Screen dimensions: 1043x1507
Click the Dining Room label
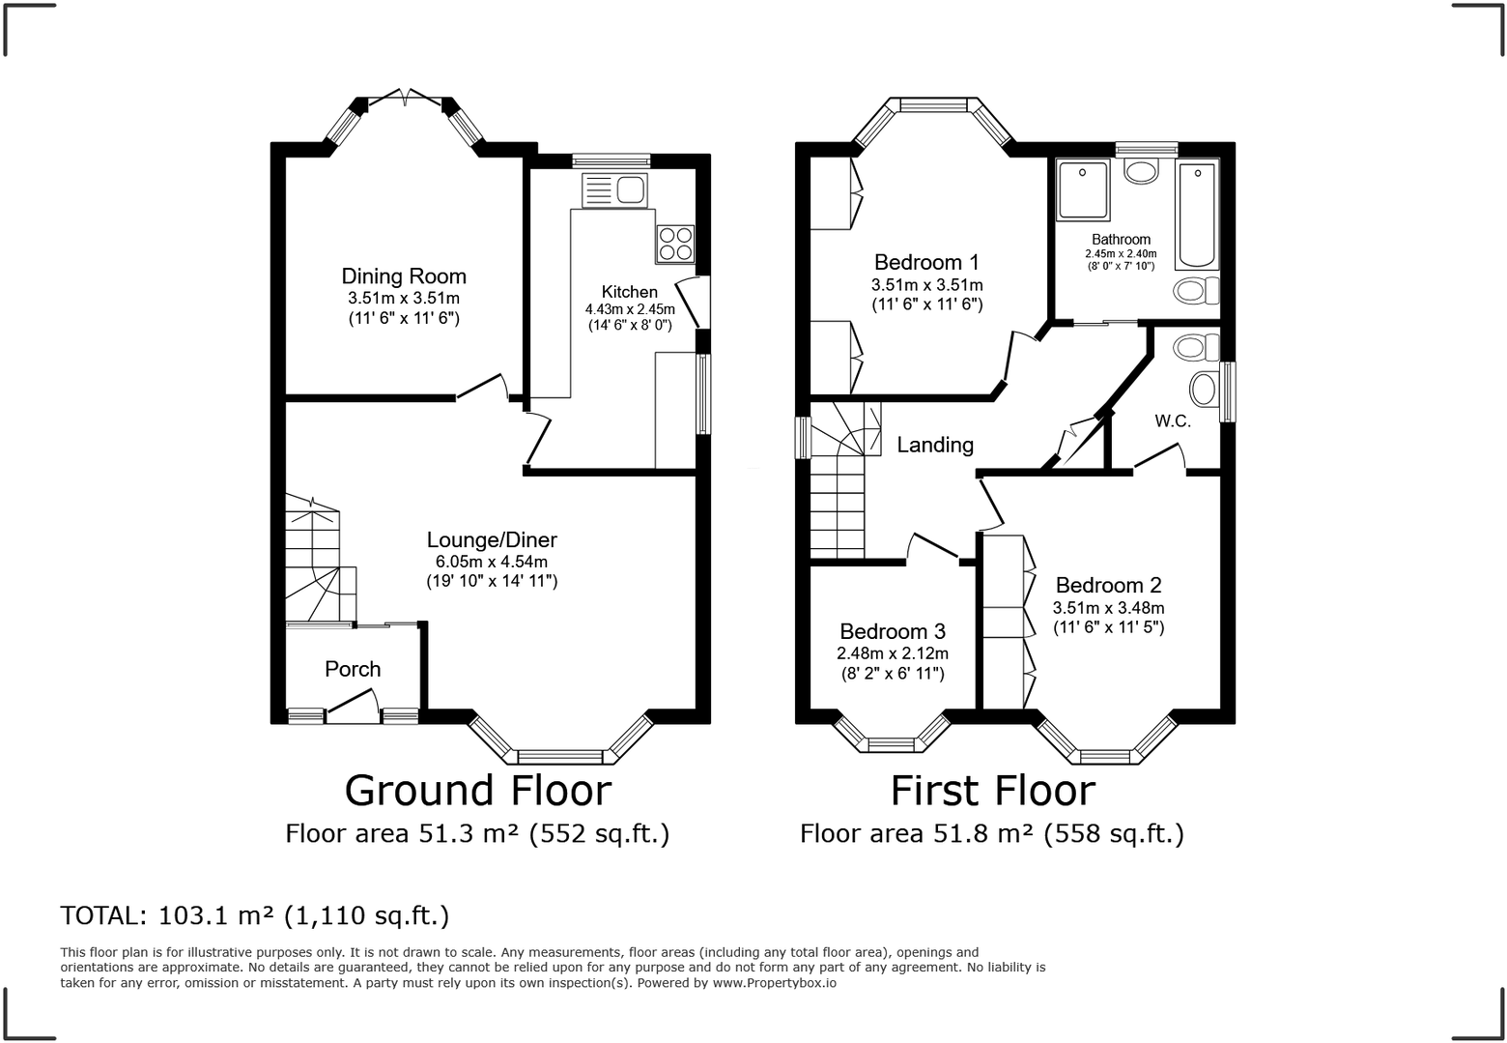(x=404, y=277)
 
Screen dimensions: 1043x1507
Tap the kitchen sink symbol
(x=614, y=190)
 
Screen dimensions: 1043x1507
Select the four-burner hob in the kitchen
(x=675, y=244)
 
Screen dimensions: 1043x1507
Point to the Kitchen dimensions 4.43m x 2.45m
(x=630, y=309)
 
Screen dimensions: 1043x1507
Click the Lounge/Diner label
(x=492, y=540)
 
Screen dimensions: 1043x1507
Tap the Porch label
(x=353, y=669)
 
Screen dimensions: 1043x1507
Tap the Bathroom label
(x=1121, y=240)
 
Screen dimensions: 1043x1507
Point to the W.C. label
(x=1173, y=421)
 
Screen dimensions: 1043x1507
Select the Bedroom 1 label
(x=926, y=262)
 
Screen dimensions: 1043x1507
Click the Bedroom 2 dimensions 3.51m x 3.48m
(x=1108, y=608)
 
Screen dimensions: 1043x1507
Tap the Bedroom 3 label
(x=893, y=631)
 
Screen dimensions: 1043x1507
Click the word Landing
(x=935, y=445)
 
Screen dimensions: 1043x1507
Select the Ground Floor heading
(x=478, y=790)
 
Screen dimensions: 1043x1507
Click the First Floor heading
(x=992, y=790)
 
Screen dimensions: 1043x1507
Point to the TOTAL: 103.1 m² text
(x=254, y=915)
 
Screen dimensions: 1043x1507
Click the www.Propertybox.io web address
(x=775, y=983)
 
